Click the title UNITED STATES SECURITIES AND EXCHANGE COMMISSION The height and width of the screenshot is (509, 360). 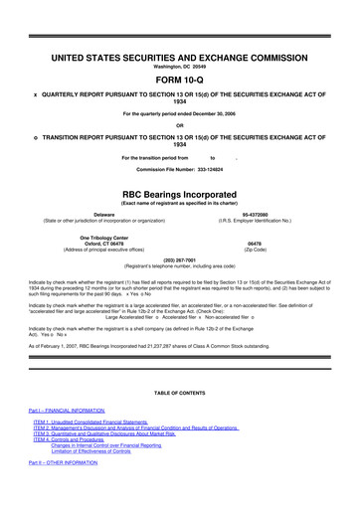(x=179, y=32)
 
